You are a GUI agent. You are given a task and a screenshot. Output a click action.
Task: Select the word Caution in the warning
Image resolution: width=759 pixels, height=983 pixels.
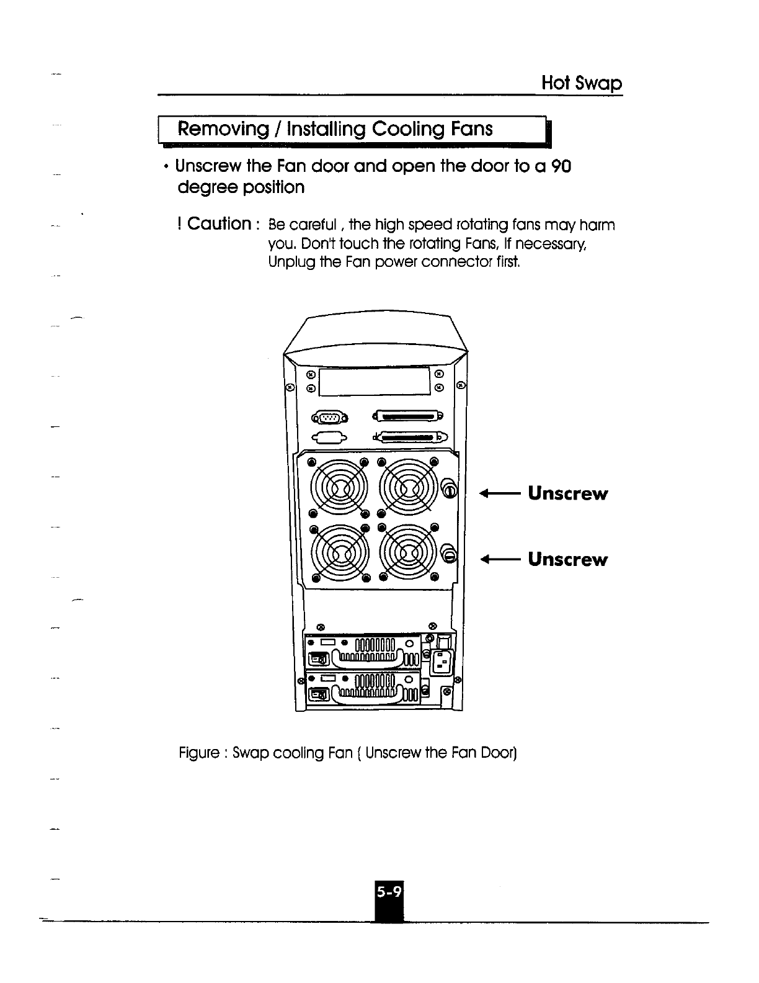click(219, 223)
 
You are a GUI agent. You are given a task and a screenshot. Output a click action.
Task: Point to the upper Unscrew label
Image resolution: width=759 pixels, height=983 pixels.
click(567, 494)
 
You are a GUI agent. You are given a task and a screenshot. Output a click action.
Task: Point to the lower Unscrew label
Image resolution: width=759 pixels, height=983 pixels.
click(567, 559)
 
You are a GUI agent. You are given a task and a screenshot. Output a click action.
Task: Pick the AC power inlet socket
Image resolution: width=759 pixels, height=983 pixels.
click(443, 662)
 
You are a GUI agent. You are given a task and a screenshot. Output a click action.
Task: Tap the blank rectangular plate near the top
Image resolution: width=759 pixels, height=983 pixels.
click(375, 380)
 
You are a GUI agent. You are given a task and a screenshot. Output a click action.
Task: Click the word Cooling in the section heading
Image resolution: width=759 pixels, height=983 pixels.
click(410, 129)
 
